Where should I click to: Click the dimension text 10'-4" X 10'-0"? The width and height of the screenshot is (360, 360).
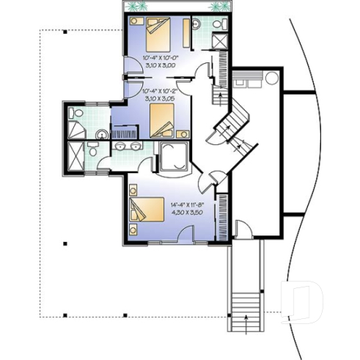(154, 57)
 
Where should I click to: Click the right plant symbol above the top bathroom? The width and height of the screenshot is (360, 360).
(218, 7)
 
